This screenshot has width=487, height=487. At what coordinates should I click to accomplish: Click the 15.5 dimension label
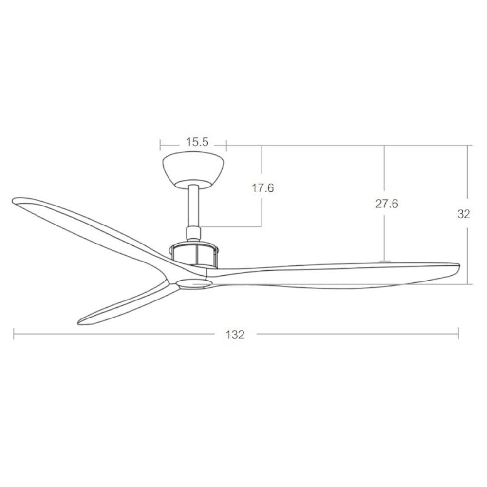click(x=197, y=142)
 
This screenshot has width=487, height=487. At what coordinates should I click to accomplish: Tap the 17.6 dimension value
click(x=263, y=188)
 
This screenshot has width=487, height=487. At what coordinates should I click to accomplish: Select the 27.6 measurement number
click(x=387, y=204)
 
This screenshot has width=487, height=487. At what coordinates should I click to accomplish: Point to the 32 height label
click(x=464, y=214)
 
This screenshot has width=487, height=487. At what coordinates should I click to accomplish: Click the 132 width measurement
click(x=235, y=335)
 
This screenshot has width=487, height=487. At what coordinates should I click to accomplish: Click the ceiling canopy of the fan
click(x=193, y=170)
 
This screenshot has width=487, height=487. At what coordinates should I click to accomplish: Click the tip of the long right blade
click(x=459, y=265)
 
